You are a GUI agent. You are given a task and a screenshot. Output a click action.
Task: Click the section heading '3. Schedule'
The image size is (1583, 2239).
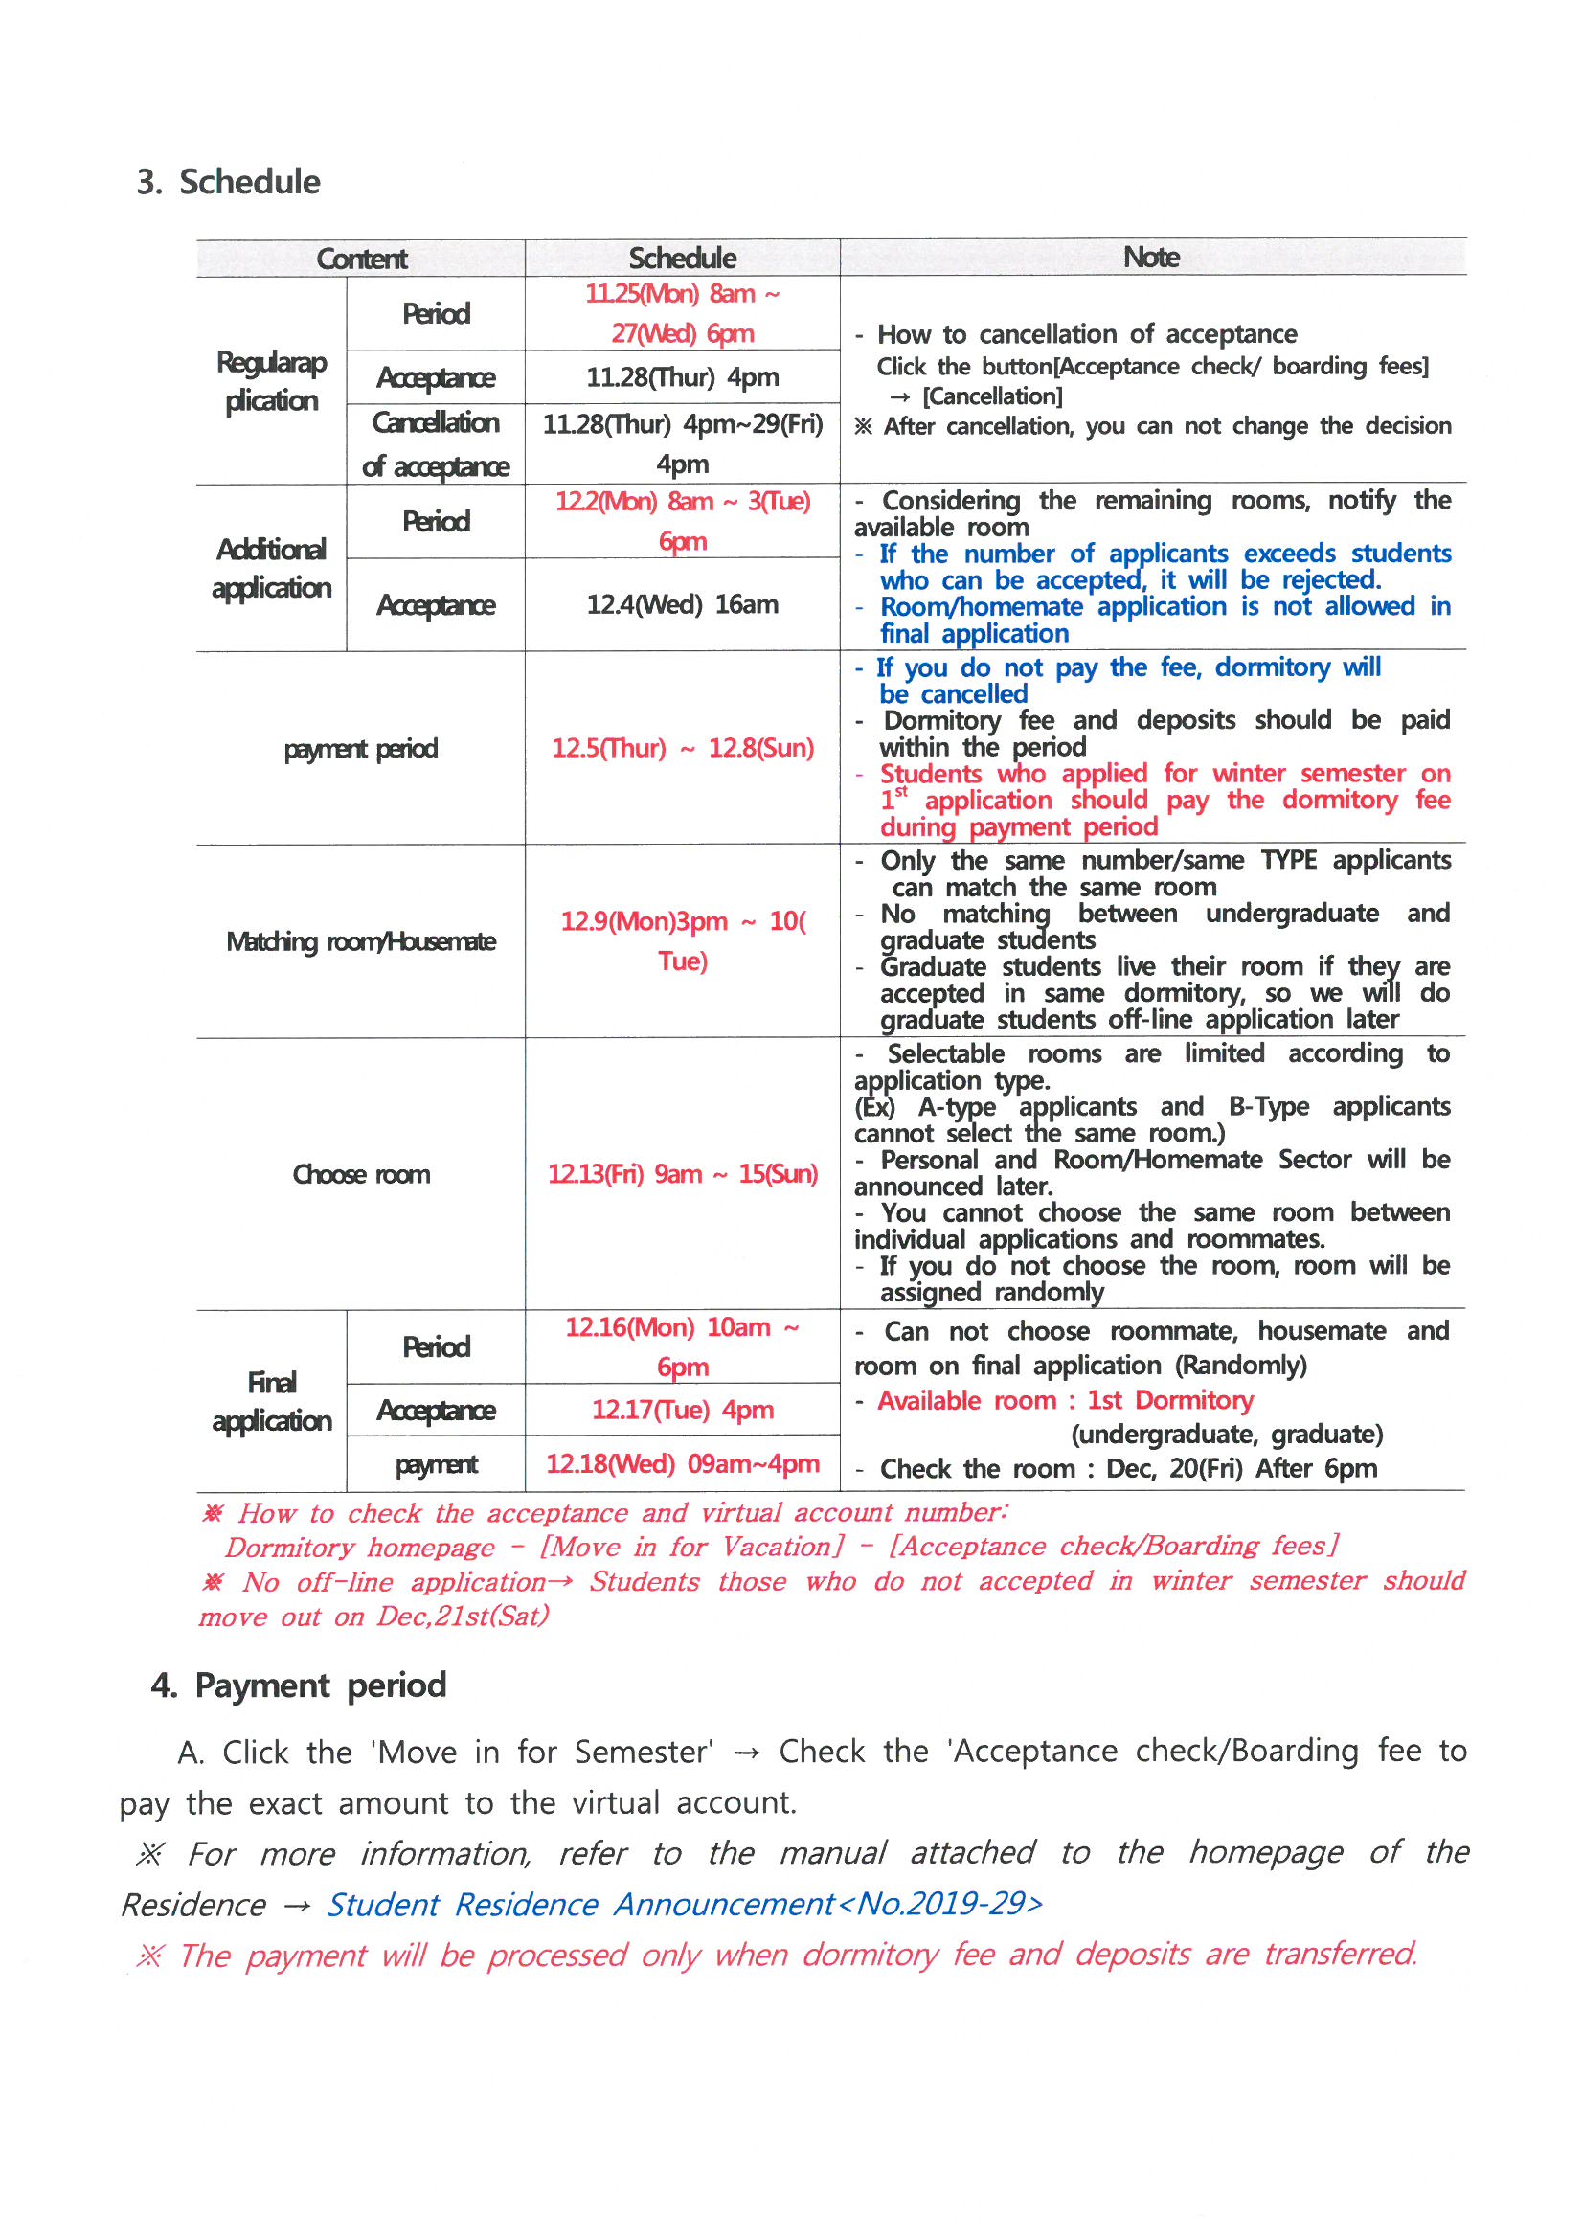click(229, 182)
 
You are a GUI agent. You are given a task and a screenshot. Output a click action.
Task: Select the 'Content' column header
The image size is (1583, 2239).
click(361, 259)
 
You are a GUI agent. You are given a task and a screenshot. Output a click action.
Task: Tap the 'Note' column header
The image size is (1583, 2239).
click(1151, 258)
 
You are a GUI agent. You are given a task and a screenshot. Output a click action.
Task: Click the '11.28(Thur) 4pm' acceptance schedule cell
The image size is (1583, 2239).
click(682, 377)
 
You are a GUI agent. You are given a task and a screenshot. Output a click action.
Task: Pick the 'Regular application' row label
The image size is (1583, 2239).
click(271, 381)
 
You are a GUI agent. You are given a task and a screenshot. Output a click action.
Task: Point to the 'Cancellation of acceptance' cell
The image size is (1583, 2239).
click(435, 444)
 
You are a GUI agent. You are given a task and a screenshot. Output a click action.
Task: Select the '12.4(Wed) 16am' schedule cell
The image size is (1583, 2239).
click(682, 604)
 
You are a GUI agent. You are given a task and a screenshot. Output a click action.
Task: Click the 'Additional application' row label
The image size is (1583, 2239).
click(271, 569)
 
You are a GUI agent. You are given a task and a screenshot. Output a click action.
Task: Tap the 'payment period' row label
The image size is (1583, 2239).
click(361, 749)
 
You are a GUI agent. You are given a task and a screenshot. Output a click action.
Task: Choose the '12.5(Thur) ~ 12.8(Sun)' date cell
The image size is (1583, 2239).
click(682, 748)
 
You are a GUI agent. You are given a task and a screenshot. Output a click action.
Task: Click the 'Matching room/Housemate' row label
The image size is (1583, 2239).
click(361, 942)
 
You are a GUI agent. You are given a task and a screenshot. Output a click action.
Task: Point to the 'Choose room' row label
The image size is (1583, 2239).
click(361, 1174)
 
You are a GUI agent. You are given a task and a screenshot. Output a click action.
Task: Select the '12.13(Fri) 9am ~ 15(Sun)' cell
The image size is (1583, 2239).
click(682, 1174)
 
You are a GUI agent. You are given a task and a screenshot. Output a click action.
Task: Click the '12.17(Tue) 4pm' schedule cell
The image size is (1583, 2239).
click(682, 1410)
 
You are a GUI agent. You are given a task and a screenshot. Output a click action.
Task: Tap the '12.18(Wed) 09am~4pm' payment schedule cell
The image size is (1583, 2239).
click(682, 1463)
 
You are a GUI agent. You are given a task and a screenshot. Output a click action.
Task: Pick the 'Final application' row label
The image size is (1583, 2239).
click(271, 1401)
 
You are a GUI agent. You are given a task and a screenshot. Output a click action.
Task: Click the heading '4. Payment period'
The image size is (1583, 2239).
click(299, 1685)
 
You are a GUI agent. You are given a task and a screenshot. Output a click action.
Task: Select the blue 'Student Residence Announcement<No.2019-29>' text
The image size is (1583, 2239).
click(684, 1904)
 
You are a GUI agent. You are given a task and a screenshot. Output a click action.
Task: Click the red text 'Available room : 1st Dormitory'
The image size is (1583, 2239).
click(1064, 1400)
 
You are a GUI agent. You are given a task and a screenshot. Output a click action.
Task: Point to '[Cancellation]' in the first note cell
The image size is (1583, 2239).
click(992, 396)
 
